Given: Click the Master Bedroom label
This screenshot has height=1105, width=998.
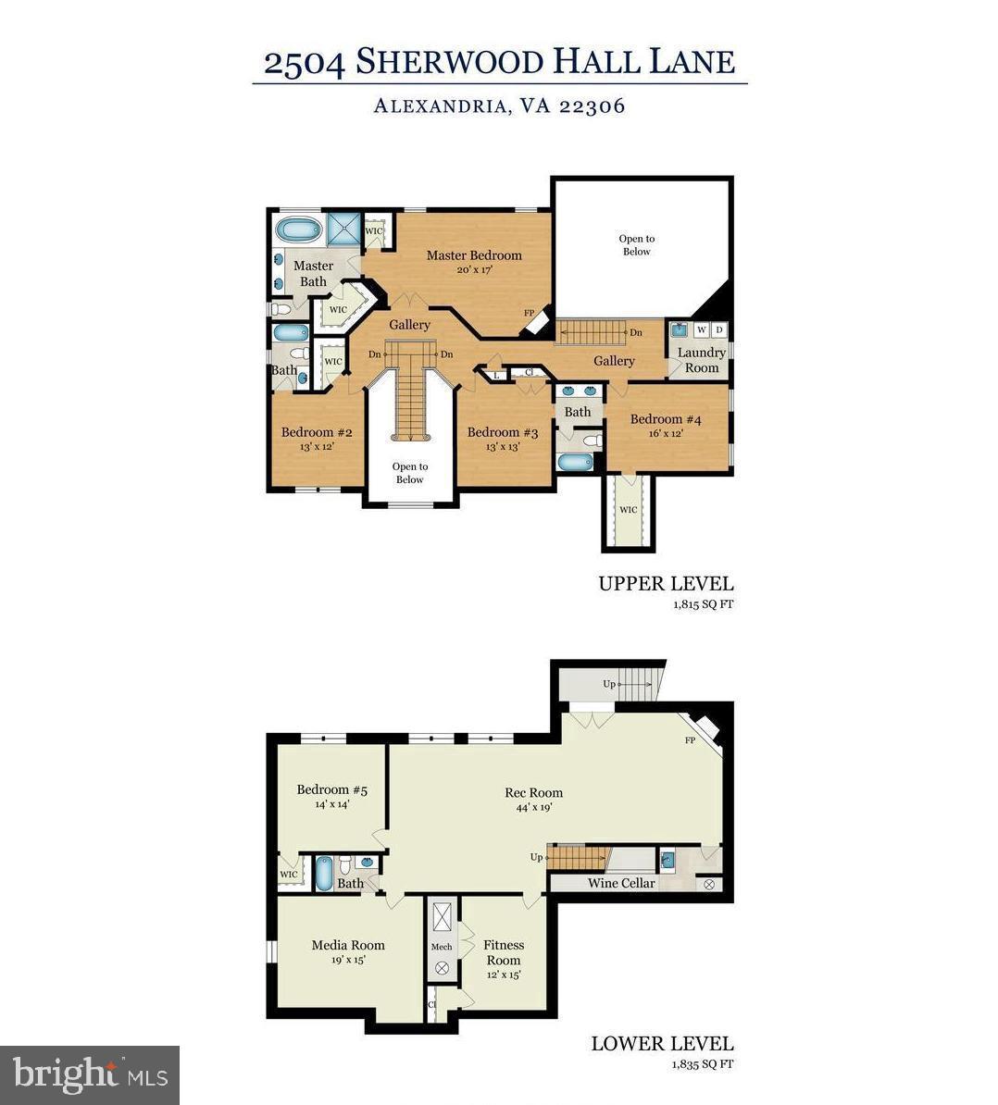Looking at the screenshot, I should [x=473, y=255].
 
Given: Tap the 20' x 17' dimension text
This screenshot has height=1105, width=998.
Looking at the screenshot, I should [x=473, y=270].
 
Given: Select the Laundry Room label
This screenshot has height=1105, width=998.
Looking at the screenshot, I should [x=701, y=360].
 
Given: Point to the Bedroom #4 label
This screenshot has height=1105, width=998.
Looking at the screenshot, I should [x=666, y=419].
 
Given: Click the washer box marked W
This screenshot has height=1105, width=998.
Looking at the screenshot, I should [x=701, y=329].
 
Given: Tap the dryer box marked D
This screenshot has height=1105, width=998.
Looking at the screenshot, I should [x=719, y=329].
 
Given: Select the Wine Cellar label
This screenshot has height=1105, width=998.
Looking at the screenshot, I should [x=621, y=883].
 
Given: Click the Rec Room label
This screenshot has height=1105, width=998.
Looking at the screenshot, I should [x=533, y=792].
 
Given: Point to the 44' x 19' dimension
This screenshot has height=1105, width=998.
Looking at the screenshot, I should [x=533, y=807].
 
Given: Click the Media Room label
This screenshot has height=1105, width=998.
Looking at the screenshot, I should [x=347, y=945].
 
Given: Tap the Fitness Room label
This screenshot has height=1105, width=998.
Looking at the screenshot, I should [x=504, y=952].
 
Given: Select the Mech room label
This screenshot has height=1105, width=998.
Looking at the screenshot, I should [x=442, y=947].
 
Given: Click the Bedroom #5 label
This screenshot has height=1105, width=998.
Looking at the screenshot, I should [x=331, y=789].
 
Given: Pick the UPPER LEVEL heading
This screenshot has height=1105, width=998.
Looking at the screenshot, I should [x=666, y=584].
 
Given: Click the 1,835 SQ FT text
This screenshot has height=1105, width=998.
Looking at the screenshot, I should [x=703, y=1064].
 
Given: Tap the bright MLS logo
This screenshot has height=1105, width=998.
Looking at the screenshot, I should [x=90, y=1075].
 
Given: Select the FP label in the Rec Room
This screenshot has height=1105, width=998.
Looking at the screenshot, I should [x=690, y=740].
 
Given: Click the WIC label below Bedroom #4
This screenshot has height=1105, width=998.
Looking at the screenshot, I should [x=628, y=510].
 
